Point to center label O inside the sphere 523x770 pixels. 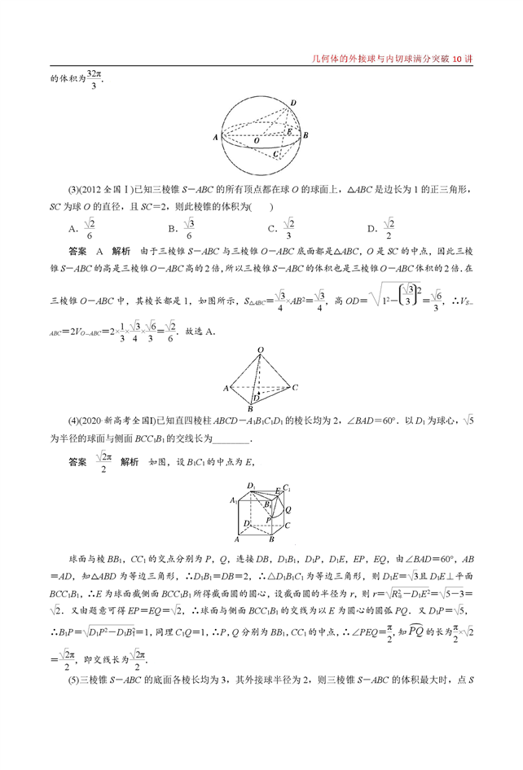(x=257, y=140)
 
